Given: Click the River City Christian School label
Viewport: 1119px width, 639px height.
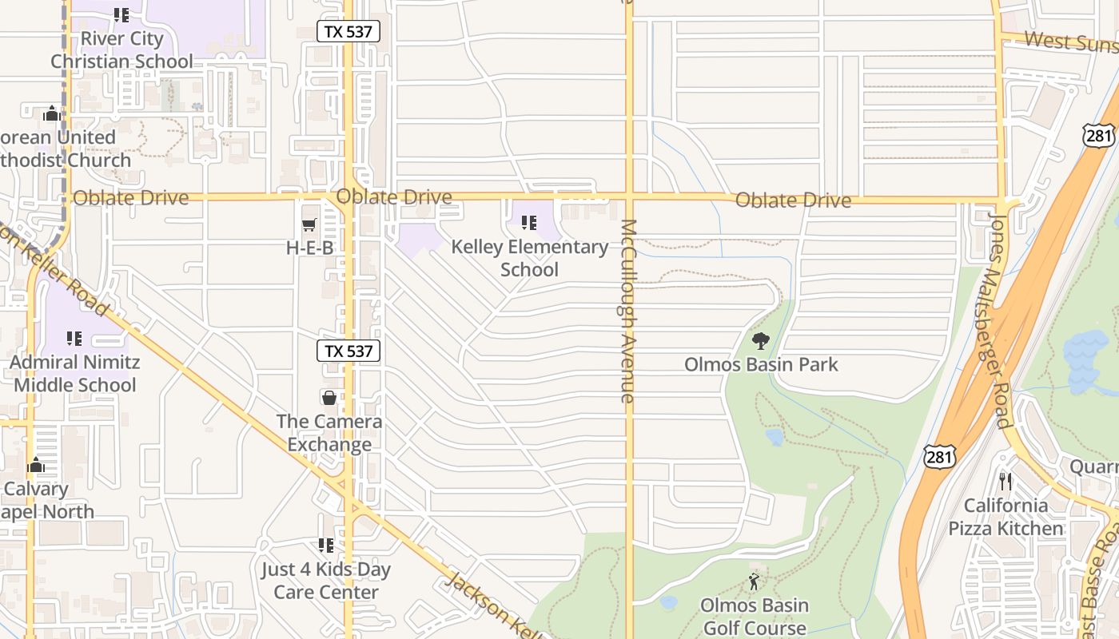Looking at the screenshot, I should click(121, 50).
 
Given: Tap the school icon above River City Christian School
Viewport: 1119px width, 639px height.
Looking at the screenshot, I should click(121, 14).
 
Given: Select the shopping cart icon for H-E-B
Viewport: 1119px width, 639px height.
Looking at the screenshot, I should click(309, 224).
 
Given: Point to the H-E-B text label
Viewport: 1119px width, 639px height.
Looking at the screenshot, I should click(309, 248).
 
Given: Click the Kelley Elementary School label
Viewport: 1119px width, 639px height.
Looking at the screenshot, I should click(529, 258).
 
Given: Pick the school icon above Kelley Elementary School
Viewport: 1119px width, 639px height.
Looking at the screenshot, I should click(528, 223).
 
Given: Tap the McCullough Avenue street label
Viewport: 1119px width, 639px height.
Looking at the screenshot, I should click(628, 311).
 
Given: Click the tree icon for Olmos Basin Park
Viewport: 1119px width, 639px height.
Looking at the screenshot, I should click(761, 341).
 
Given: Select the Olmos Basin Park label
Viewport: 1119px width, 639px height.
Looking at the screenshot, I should click(761, 365).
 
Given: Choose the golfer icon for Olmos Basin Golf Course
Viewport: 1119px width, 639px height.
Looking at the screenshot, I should click(754, 581).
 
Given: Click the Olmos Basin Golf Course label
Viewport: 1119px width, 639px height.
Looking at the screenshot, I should click(755, 616).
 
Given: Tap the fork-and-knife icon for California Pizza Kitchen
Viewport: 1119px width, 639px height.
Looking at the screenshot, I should click(1006, 482).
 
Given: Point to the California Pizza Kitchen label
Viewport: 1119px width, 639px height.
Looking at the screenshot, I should click(1006, 517).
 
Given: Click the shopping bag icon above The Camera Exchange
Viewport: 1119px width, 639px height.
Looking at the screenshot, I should click(329, 397).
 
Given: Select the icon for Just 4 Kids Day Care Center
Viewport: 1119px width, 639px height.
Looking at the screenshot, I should click(325, 546).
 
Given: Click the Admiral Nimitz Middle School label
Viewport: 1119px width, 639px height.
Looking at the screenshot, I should click(75, 373).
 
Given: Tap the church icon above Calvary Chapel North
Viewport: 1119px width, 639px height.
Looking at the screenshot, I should click(36, 466).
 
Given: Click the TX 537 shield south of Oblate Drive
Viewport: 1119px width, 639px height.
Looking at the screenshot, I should click(348, 351).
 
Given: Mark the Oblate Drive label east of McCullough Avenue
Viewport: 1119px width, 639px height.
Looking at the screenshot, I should click(793, 200).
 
